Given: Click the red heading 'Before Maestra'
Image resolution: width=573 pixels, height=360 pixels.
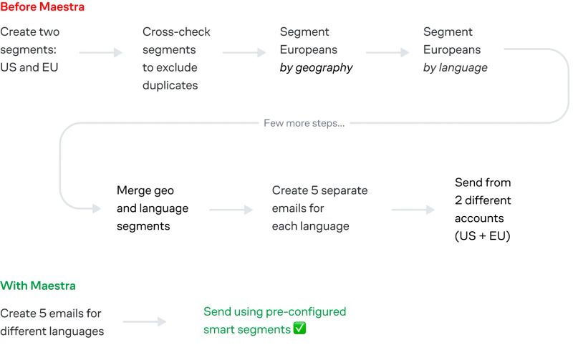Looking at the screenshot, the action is point(42,7).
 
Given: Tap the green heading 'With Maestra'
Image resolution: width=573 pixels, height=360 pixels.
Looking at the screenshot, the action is point(38,286).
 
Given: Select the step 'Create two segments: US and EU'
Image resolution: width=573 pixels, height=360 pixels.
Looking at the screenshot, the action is point(30,50).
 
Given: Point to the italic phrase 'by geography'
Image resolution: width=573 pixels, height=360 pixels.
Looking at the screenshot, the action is point(316,68).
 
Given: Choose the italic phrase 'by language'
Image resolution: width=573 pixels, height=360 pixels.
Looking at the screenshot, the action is point(455,68).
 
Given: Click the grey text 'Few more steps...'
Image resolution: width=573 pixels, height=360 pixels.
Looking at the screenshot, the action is point(304,123).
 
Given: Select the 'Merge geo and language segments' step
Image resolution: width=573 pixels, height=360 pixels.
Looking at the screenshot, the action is point(153,208).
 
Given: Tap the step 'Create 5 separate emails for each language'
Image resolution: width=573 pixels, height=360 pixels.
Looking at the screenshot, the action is point(319,208).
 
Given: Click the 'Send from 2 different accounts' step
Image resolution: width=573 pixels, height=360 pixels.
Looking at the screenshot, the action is point(483,200).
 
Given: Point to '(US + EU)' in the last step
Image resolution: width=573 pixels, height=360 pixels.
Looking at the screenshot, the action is point(483,236).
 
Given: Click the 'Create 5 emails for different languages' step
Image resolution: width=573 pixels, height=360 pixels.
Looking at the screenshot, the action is point(52,322).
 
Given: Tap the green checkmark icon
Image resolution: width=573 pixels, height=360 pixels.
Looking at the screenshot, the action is point(299,329).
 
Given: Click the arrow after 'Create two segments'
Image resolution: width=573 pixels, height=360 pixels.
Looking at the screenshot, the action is point(101,52).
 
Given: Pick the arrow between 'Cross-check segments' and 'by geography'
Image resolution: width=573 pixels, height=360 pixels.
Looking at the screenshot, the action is point(244,52).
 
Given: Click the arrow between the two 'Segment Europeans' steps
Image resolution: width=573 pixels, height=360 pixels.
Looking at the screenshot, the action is point(387,52).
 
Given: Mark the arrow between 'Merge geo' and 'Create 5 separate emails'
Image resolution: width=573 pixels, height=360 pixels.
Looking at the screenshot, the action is point(231,210).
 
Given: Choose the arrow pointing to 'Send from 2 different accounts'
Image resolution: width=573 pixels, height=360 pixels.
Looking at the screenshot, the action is point(413,210).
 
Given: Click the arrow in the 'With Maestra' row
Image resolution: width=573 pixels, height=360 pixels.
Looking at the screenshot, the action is point(145,322).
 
